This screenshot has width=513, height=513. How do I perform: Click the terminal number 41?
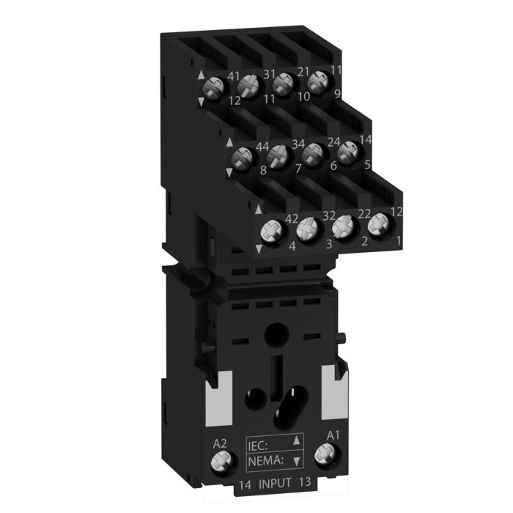click(234, 76)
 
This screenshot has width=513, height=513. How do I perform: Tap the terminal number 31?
click(269, 74)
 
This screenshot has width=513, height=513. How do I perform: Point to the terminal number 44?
click(262, 147)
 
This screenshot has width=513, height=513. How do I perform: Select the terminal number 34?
click(298, 144)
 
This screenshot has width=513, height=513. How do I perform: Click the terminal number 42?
click(292, 218)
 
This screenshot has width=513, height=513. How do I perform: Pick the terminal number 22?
click(363, 214)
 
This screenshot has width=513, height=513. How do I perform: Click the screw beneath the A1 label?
click(326, 454)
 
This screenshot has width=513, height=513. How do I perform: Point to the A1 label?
click(333, 435)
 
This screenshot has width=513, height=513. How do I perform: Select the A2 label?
click(220, 443)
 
